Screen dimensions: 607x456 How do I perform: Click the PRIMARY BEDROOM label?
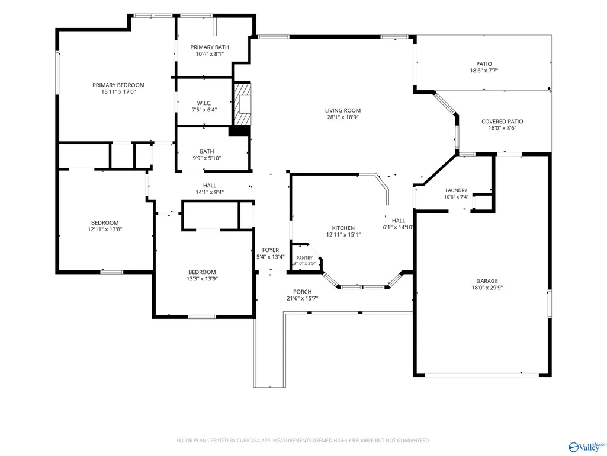(x=118, y=85)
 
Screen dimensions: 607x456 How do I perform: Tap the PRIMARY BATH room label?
(x=210, y=47)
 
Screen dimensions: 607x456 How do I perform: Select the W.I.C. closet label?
(x=204, y=103)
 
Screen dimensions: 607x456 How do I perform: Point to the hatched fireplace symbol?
(x=242, y=104)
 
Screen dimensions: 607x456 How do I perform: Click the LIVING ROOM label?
(x=343, y=110)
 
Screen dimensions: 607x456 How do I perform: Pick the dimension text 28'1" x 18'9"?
(x=343, y=117)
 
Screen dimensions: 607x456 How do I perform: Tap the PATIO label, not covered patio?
(x=484, y=64)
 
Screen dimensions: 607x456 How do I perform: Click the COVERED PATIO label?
(x=502, y=122)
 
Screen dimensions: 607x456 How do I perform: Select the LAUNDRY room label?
(x=457, y=190)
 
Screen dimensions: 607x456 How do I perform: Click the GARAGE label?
(x=487, y=281)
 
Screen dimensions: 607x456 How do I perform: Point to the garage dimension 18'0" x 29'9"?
(x=487, y=288)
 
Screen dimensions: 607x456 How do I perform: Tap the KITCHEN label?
(x=343, y=228)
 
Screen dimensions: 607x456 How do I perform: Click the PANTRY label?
(x=304, y=258)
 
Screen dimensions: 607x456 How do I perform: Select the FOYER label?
(x=270, y=250)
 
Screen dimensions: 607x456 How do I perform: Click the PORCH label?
(x=303, y=292)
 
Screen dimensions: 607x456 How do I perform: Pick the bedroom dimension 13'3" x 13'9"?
(x=202, y=279)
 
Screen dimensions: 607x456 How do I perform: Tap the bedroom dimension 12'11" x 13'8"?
(x=105, y=229)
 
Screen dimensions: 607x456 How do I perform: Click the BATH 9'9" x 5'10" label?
(x=207, y=155)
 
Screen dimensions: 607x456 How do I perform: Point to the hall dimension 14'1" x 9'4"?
(x=210, y=192)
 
